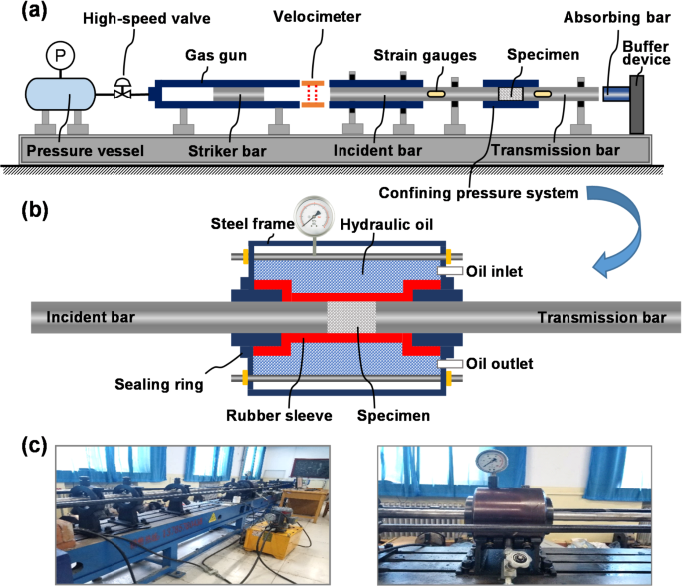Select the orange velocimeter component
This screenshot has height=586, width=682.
click(x=314, y=94)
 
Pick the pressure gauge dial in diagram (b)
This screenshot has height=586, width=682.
click(x=316, y=215)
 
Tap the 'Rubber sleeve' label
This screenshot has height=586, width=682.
click(x=274, y=415)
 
